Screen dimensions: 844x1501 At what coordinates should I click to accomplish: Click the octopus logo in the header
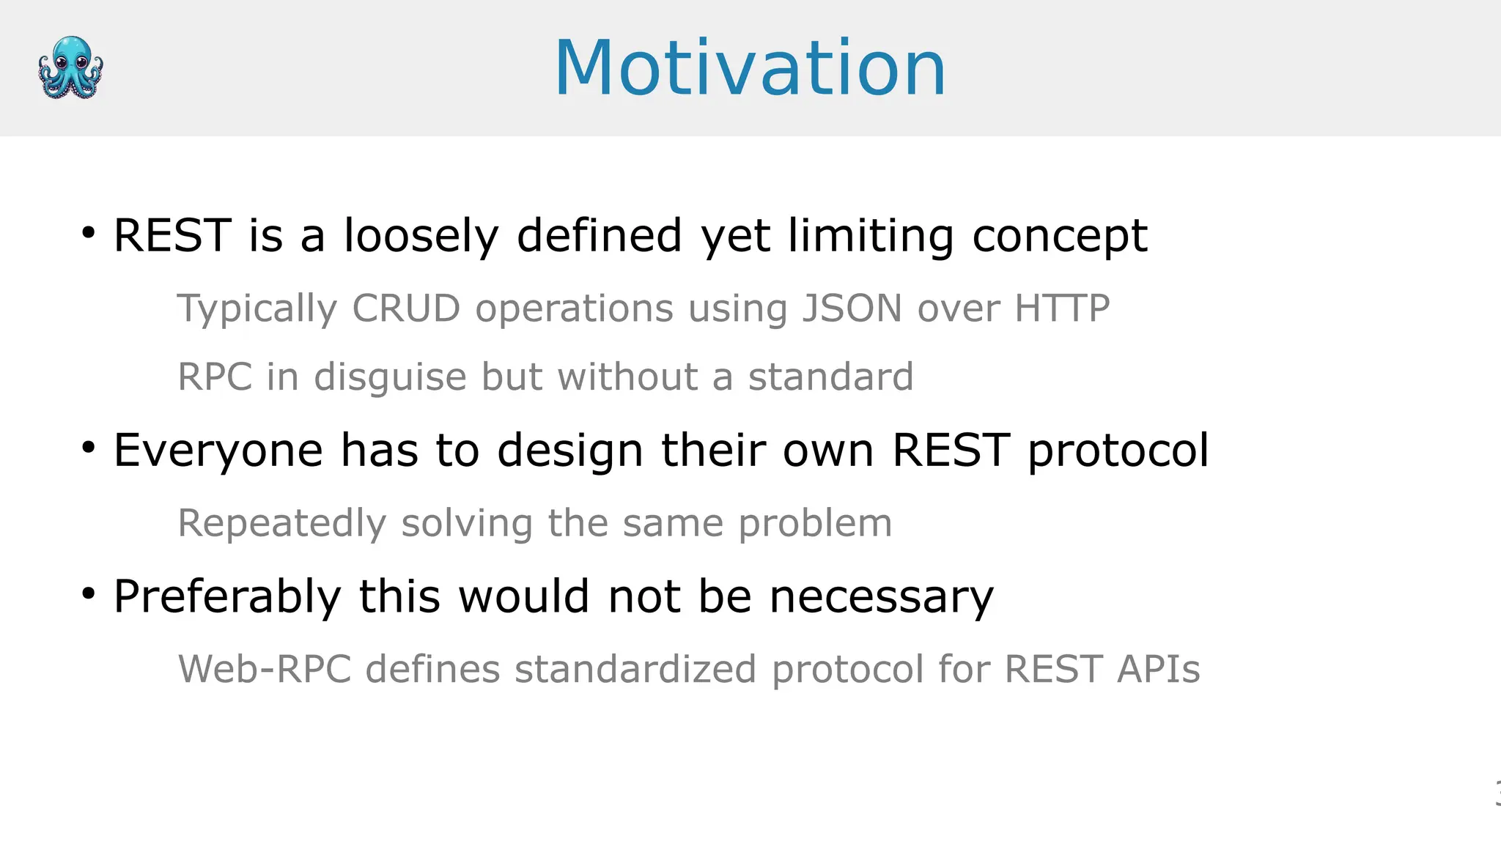tap(70, 67)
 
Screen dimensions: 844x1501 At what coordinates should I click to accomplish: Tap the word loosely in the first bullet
tap(421, 236)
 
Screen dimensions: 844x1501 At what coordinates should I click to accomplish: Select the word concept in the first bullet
tap(1059, 236)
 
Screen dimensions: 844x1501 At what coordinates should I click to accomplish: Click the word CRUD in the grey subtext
tap(406, 308)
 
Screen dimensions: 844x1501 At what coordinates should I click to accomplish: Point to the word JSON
tap(852, 308)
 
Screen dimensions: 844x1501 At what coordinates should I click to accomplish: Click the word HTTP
tap(1062, 308)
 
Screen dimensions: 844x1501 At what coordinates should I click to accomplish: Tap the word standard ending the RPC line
tap(830, 377)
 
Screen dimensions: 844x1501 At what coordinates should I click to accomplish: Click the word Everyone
tap(218, 450)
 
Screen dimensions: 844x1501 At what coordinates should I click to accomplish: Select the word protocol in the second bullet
tap(1118, 450)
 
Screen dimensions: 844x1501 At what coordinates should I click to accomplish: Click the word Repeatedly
tap(281, 524)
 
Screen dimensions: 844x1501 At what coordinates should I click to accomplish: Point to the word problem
tap(815, 524)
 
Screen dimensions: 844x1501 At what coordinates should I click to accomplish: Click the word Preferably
tap(227, 596)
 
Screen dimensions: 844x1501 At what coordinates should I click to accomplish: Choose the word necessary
tap(881, 596)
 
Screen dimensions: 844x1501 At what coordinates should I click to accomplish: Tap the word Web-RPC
tap(265, 670)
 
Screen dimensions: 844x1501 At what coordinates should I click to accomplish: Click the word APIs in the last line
tap(1158, 670)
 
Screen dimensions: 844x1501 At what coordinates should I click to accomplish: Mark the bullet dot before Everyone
tap(89, 447)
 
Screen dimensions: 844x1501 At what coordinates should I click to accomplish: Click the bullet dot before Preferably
tap(89, 593)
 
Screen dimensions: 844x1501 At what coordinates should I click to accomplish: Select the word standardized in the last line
tap(635, 670)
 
